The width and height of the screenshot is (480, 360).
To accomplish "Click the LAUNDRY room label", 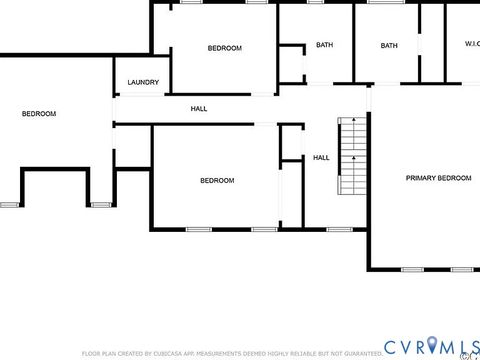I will [142, 82].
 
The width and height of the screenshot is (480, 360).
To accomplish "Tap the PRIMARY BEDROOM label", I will [438, 178].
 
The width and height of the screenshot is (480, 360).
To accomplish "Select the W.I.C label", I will [472, 44].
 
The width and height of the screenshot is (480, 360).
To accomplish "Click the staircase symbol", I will [353, 157].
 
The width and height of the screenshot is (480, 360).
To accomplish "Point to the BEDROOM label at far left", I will [39, 113].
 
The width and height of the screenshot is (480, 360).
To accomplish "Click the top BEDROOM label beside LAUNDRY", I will [224, 48].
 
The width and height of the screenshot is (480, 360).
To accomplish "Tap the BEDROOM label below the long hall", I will [217, 180].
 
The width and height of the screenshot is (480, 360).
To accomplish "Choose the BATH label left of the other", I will [324, 44].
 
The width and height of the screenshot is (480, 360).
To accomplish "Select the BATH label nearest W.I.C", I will [389, 44].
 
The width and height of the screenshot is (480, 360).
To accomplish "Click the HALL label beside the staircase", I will [321, 157].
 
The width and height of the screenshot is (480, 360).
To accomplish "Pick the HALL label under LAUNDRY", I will [199, 108].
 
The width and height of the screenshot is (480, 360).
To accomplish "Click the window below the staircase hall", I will [340, 230].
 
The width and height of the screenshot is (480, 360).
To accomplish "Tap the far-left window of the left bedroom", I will [10, 204].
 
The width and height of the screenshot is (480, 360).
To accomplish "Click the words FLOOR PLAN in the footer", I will [100, 353].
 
